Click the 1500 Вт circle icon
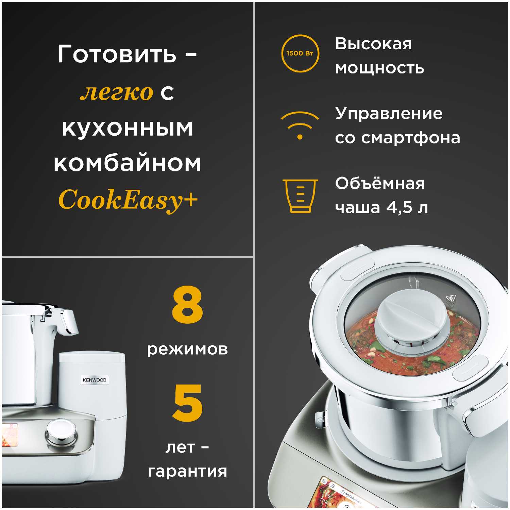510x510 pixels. [x=300, y=53]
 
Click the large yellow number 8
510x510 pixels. [x=187, y=305]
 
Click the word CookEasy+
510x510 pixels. [x=128, y=200]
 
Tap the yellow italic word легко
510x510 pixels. [x=117, y=92]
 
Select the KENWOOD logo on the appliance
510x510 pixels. [x=95, y=380]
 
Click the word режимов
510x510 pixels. [x=187, y=350]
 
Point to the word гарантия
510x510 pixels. [x=187, y=471]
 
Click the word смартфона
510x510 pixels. [x=410, y=138]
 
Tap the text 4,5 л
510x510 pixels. [x=407, y=207]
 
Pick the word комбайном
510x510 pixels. [x=128, y=163]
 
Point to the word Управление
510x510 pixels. [x=389, y=114]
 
